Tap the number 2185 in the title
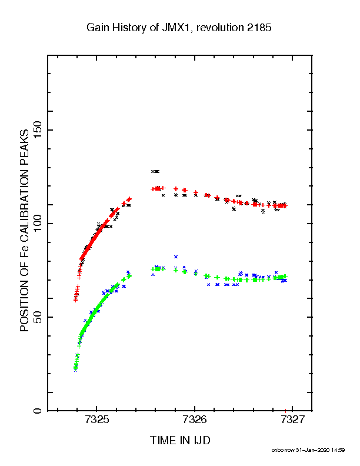pos(259,28)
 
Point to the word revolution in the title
pos(220,28)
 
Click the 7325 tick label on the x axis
pos(97,420)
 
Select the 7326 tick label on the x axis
pos(195,420)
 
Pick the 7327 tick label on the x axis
pos(292,420)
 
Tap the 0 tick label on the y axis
pos(38,411)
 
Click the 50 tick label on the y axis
pos(38,317)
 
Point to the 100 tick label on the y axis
pos(38,224)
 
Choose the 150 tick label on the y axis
pos(38,130)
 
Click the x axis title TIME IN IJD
pos(180,440)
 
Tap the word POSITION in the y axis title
pos(24,305)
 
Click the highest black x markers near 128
pos(155,171)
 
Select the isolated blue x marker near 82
pos(176,257)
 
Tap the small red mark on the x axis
pos(285,411)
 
